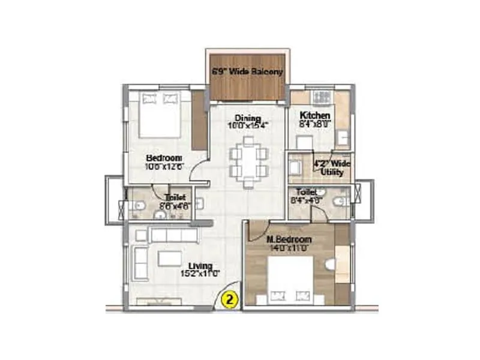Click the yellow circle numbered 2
coord(229,298)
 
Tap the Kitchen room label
coord(315,115)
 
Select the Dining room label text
coord(247,118)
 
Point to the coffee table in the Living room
coord(169,259)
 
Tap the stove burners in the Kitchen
coord(318,96)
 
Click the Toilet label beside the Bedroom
coord(175,197)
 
